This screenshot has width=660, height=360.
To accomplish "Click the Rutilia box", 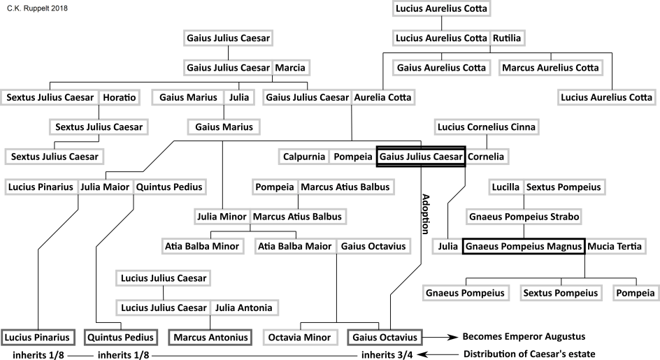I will click(506, 38).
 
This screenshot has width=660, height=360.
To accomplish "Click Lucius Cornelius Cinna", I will click(485, 127).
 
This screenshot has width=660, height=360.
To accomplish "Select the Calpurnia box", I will click(304, 157).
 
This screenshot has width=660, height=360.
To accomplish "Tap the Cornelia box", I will click(485, 157).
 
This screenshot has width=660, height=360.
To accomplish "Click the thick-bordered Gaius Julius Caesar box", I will click(421, 157).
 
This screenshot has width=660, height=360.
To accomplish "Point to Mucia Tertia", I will click(614, 247).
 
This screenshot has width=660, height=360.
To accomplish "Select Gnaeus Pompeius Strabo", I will click(524, 217).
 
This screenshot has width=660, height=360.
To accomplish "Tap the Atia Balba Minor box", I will click(202, 247).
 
